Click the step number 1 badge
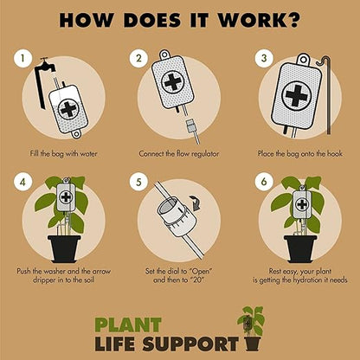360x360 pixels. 22,59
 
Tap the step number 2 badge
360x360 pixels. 138,59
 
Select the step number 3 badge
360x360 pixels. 264,59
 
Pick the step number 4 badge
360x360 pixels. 22,182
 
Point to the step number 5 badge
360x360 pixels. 138,182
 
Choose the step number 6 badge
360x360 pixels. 264,182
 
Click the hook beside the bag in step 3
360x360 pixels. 326,95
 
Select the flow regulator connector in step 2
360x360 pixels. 191,125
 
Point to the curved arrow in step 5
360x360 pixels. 196,202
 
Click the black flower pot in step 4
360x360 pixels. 64,249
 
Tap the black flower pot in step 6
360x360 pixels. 300,249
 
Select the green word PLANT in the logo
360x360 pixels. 128,325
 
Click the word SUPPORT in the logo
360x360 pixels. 190,344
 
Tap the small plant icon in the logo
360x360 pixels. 251,328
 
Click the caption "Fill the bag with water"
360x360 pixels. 63,153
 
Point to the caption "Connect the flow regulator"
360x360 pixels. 179,153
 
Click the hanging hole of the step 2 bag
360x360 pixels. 164,54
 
